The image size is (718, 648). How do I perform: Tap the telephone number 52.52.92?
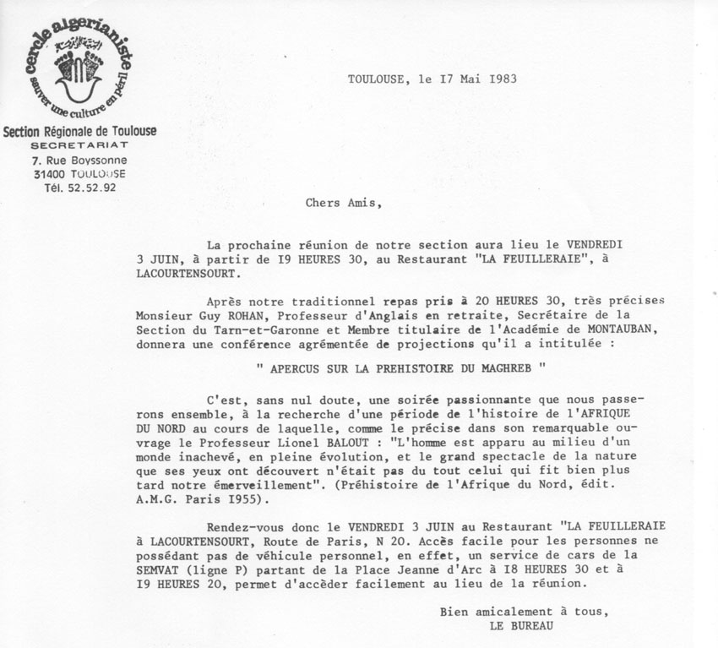pos(92,188)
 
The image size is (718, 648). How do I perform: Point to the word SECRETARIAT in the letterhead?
pos(79,145)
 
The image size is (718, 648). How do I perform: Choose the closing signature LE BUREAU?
pos(522,627)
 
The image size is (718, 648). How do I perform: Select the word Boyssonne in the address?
pos(97,160)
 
